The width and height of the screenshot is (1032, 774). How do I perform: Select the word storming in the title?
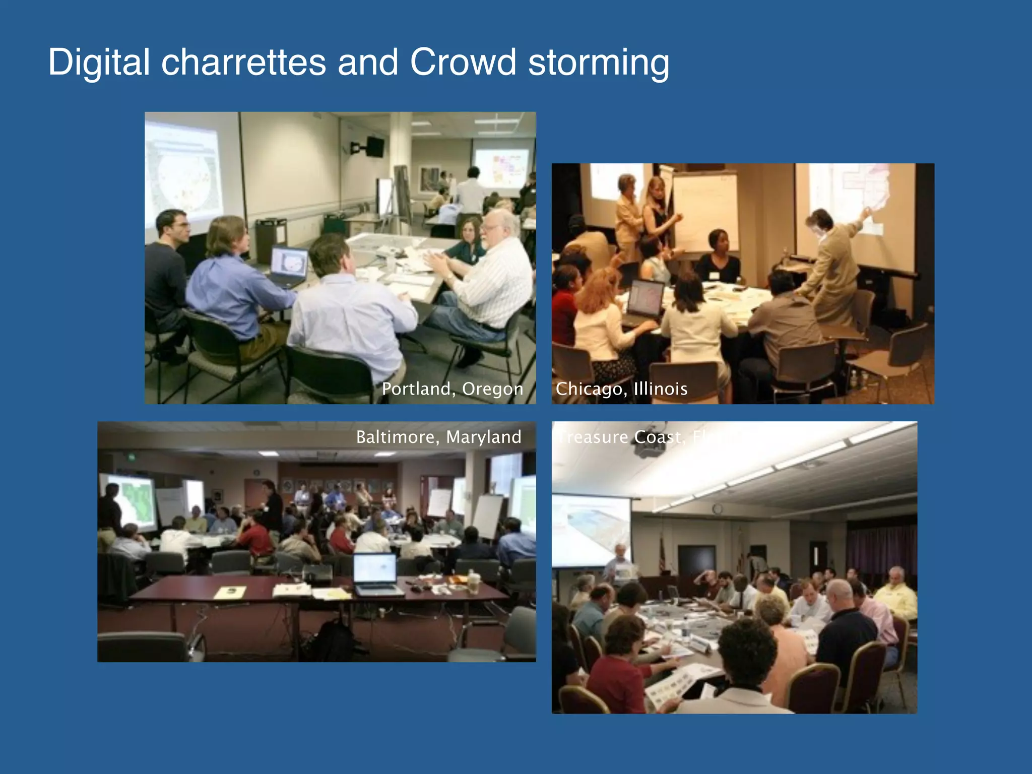[599, 63]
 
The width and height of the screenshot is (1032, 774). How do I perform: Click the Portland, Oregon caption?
[452, 389]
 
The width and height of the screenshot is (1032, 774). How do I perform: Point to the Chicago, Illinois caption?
[621, 389]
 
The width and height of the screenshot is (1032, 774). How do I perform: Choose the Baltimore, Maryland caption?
[438, 436]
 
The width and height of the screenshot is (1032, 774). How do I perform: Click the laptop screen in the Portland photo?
[289, 264]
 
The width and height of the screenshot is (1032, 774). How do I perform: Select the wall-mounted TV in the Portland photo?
[374, 146]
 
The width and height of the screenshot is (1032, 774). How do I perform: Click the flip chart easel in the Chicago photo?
[705, 212]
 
